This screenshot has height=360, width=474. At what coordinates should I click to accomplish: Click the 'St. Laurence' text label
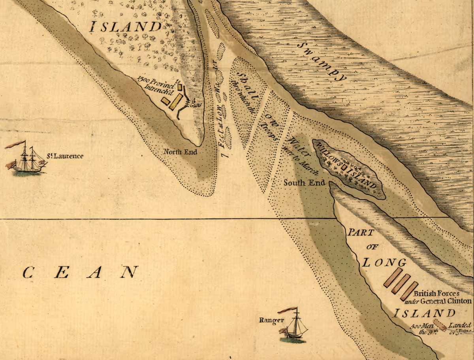click(65, 156)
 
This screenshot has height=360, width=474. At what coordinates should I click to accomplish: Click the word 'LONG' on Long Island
click(384, 263)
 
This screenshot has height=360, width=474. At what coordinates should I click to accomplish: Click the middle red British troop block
click(402, 284)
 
